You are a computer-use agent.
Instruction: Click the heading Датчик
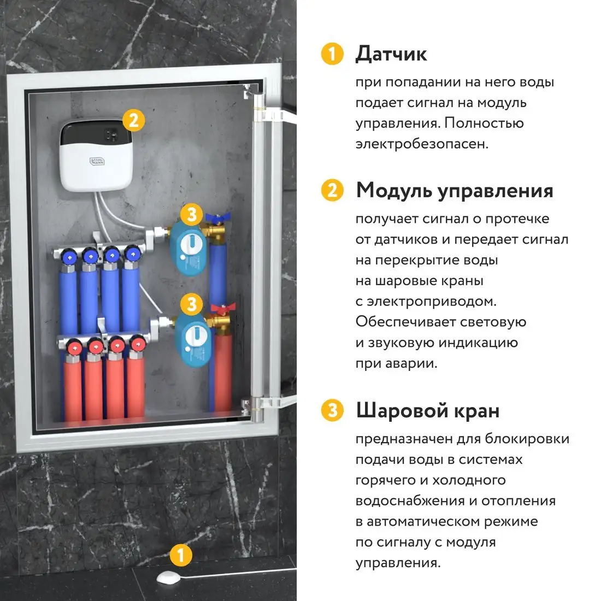coord(391,54)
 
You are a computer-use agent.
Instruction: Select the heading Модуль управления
coord(455,191)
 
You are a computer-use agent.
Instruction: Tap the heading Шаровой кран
coord(427,410)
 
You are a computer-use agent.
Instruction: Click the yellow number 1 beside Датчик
coord(332,54)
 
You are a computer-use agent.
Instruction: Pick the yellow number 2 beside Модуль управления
coord(332,191)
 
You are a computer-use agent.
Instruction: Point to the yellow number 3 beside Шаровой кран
coord(332,410)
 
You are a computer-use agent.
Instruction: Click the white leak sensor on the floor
coord(169,576)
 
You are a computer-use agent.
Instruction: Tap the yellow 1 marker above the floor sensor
coord(181,556)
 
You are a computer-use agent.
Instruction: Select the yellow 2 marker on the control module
coord(134,120)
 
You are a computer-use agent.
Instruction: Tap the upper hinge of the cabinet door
coord(267,115)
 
